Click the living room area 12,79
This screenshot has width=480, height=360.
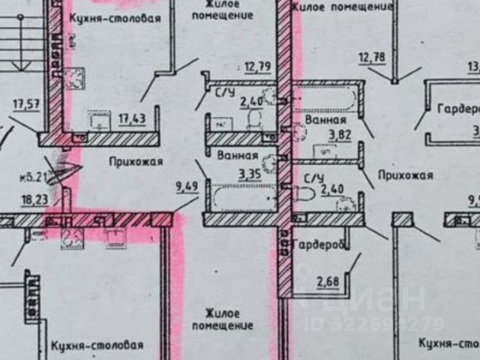257,66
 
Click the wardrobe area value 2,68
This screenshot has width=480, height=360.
327,281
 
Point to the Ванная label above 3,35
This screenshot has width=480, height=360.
238,157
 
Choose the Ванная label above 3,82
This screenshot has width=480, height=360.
325,119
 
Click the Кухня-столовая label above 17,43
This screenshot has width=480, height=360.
114,19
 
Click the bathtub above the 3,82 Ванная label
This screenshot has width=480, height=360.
324,97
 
